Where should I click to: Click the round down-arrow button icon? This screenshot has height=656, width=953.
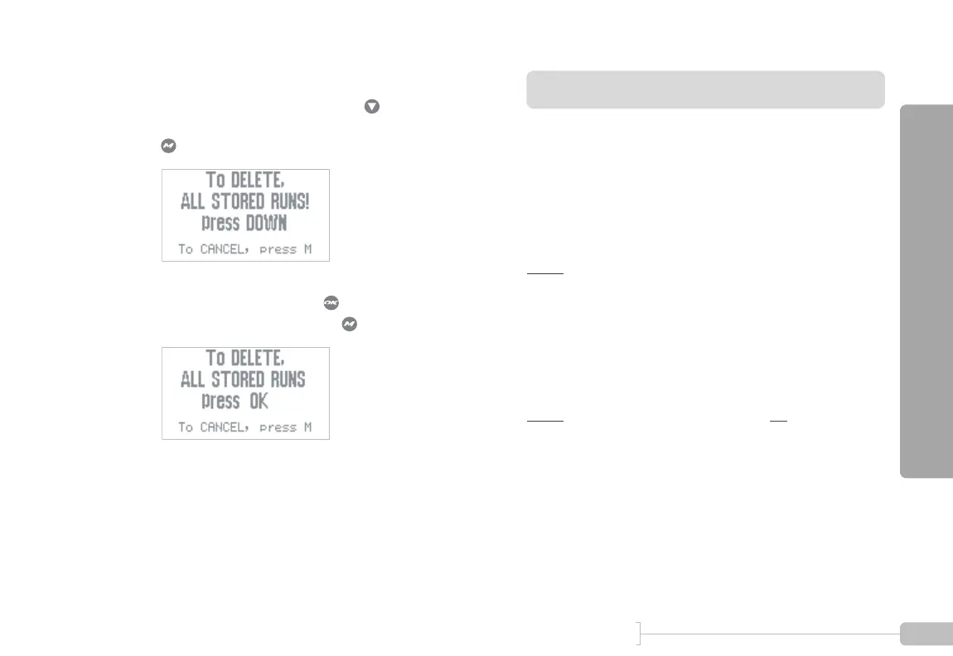372,107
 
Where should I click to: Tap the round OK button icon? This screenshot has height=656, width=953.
329,304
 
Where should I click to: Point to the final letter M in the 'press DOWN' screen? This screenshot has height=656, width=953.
307,249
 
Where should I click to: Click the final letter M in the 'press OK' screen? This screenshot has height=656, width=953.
307,427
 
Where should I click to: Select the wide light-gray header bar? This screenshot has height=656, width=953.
705,89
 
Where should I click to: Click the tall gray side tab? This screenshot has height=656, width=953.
925,291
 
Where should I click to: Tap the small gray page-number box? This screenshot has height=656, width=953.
925,634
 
